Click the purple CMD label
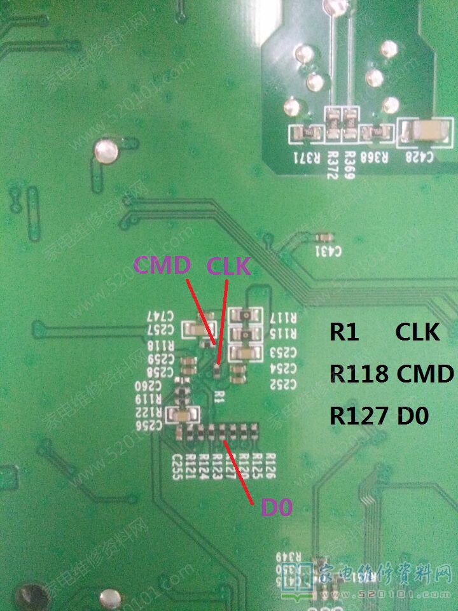162,265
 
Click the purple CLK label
228,266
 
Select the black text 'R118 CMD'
391,374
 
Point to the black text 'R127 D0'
378,416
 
